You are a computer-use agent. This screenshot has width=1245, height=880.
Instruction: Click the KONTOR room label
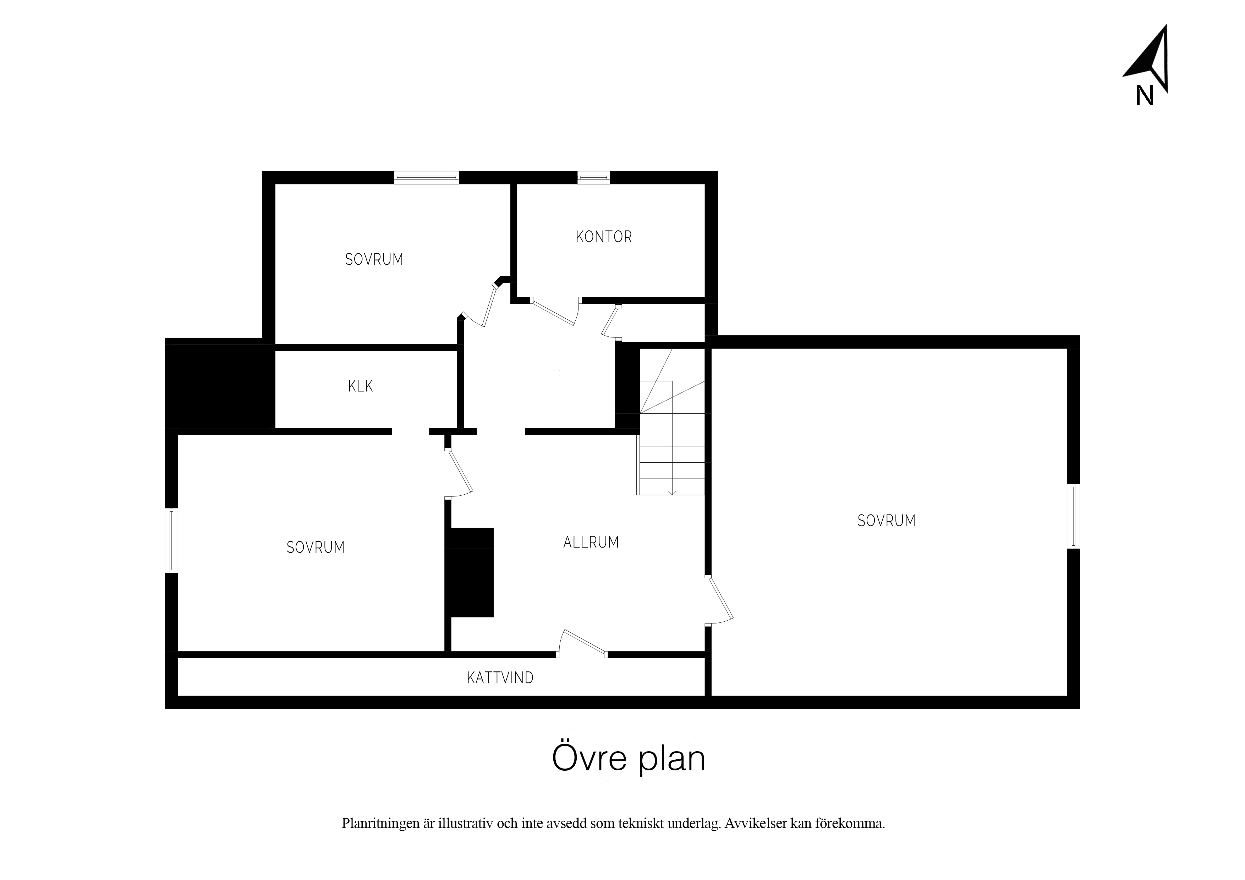pyautogui.click(x=604, y=237)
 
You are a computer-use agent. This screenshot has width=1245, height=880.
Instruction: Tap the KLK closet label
pyautogui.click(x=361, y=386)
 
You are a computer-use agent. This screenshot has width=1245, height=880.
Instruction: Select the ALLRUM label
pyautogui.click(x=591, y=542)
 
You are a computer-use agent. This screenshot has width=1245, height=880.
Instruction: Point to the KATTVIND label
pyautogui.click(x=500, y=678)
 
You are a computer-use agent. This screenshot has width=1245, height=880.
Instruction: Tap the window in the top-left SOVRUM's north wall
pyautogui.click(x=426, y=177)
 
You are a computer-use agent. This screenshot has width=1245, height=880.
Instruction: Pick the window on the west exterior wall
pyautogui.click(x=171, y=540)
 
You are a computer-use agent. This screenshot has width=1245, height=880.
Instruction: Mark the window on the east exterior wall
pyautogui.click(x=1074, y=516)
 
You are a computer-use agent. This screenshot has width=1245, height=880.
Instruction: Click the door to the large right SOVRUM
pyautogui.click(x=720, y=601)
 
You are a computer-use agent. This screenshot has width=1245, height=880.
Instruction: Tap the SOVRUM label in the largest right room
pyautogui.click(x=887, y=521)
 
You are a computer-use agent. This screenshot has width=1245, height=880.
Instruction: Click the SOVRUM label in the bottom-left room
pyautogui.click(x=316, y=548)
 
